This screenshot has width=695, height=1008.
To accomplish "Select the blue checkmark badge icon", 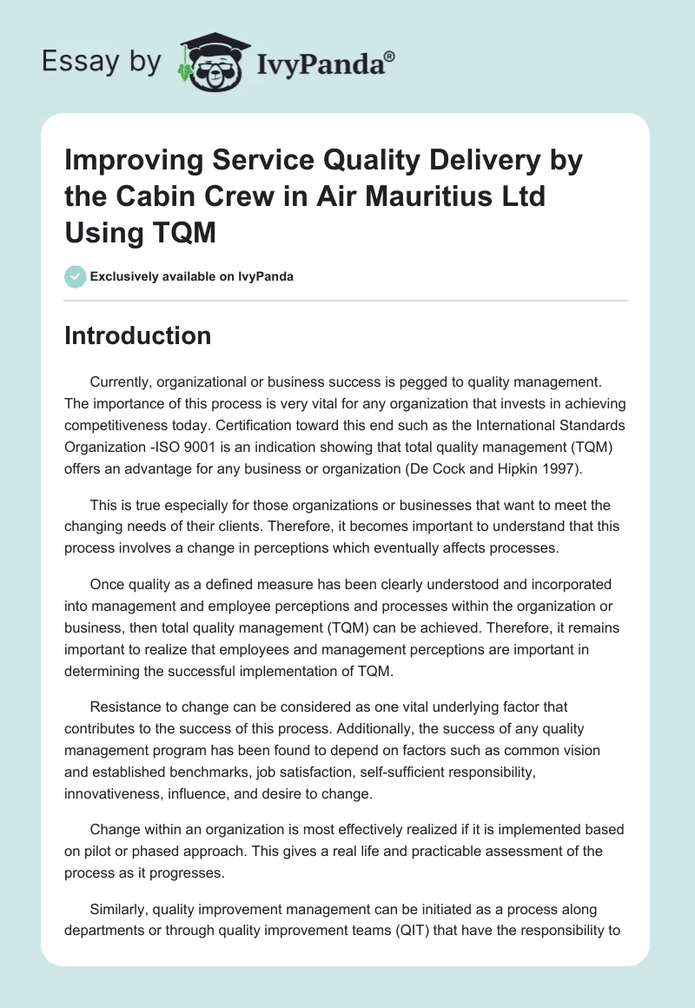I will [x=75, y=276].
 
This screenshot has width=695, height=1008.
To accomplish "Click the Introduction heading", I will [x=137, y=335].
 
